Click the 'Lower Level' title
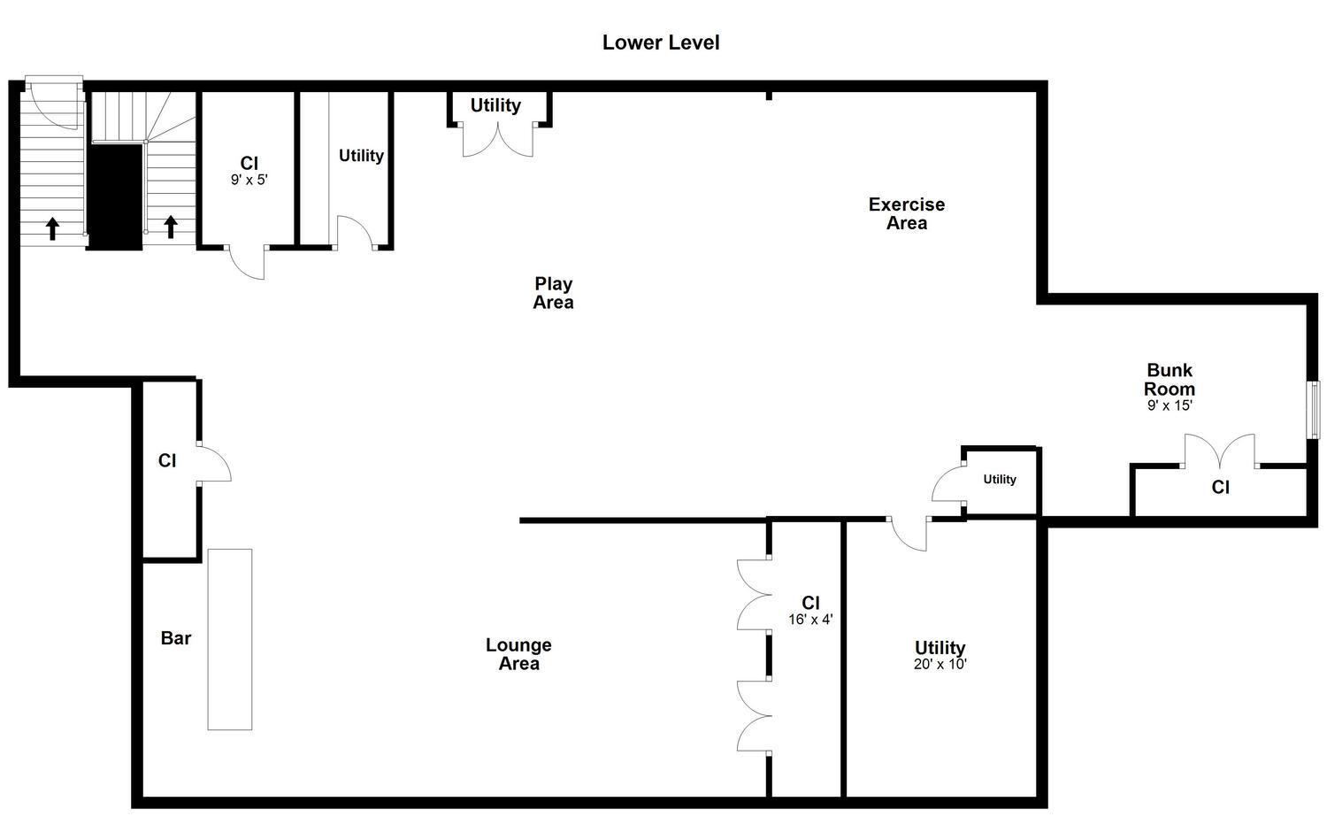661,42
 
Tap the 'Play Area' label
553,293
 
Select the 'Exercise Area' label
906,213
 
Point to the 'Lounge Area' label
518,654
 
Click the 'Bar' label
176,638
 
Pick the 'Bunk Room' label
1170,380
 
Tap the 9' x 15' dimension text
1170,405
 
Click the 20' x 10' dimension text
940,664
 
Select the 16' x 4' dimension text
810,620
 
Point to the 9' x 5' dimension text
249,179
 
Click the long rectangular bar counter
230,639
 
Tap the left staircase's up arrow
52,228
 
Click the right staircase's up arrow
171,227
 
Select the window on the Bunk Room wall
1314,409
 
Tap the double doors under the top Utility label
498,140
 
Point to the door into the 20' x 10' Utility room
909,533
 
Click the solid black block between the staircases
115,197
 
